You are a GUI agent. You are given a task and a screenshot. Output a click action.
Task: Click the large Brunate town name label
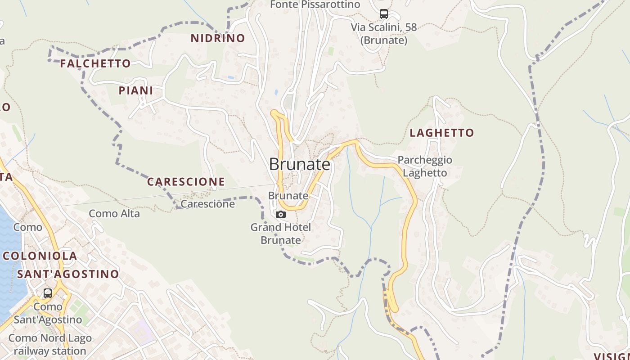(300, 164)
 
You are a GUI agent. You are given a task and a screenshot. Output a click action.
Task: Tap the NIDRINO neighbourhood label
(218, 38)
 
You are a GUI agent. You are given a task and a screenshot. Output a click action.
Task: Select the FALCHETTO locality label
(95, 63)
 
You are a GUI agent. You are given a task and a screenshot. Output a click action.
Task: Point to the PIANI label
(136, 90)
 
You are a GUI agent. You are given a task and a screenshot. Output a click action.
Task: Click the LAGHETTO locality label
(442, 133)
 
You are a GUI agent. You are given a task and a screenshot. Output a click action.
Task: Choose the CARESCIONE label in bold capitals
(186, 182)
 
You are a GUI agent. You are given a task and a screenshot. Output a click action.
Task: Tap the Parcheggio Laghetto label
(425, 166)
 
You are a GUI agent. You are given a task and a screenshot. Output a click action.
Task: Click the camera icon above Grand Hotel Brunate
(280, 214)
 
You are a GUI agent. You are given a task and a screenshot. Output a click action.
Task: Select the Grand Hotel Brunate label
(281, 234)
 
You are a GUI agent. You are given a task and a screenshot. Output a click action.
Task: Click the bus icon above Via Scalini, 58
(383, 14)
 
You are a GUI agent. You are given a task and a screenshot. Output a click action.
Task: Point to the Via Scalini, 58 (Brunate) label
(384, 34)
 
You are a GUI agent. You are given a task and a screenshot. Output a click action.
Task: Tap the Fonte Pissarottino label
(315, 4)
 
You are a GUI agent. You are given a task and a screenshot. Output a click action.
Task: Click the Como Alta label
(114, 213)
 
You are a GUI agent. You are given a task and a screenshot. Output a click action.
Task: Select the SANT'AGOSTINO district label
(68, 274)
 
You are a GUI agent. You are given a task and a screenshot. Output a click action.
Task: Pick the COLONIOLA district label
(40, 256)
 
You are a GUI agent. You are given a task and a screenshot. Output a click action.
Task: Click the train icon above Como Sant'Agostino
(48, 293)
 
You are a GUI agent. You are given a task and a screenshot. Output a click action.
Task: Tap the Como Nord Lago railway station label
(50, 344)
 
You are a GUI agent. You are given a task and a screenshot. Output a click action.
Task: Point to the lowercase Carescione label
(207, 204)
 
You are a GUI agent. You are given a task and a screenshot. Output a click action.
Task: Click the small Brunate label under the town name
(288, 196)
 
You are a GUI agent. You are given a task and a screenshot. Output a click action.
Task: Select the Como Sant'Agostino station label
(48, 313)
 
